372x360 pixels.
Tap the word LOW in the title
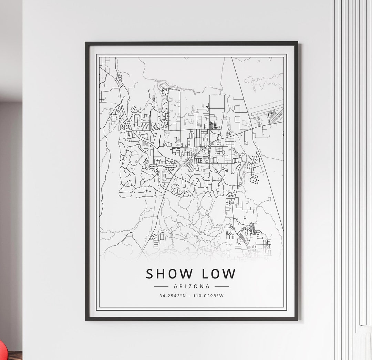[x=219, y=274]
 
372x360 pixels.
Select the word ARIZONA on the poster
[x=192, y=286]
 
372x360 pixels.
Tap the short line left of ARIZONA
[x=161, y=286]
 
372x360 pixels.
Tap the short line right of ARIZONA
[x=222, y=286]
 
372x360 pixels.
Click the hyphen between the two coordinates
[x=191, y=296]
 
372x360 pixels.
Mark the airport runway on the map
[x=266, y=107]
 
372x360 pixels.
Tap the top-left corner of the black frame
[x=86, y=43]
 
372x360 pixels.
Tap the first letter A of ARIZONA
[x=176, y=286]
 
